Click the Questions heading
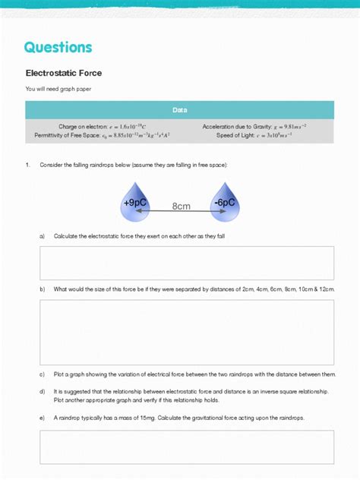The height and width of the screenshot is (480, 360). [x=58, y=47]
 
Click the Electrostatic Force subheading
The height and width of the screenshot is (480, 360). [x=64, y=74]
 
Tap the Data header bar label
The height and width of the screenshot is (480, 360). [x=179, y=110]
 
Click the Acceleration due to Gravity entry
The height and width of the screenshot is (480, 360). [x=254, y=126]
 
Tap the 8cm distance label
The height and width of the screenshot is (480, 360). [x=180, y=206]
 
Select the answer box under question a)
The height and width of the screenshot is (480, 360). [x=186, y=263]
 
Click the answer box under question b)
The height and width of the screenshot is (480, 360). [x=186, y=332]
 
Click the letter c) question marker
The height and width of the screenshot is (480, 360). [x=42, y=374]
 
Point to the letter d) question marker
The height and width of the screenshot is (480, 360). [x=42, y=391]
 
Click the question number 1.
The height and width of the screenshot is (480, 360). [x=27, y=165]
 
